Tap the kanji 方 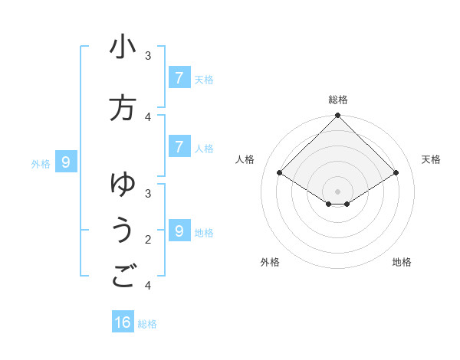point(123,108)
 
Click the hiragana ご point(123,277)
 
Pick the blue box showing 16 point(123,322)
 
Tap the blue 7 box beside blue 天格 point(179,77)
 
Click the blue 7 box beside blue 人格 point(179,147)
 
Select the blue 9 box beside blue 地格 point(179,231)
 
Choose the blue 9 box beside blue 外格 point(66,162)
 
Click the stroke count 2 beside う point(148,240)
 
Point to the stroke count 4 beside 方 point(148,117)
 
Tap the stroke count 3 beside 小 point(148,55)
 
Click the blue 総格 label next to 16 point(147,323)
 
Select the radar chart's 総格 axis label point(337,100)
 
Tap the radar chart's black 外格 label point(269,262)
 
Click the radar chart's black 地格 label point(402,262)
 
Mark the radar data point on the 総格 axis point(337,116)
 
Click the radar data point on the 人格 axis point(279,173)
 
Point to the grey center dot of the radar point(337,191)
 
